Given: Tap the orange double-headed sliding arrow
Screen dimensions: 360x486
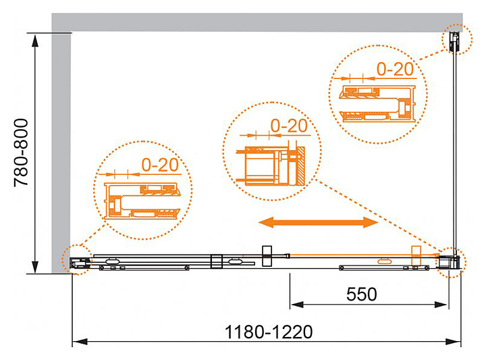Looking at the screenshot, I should coord(318,222).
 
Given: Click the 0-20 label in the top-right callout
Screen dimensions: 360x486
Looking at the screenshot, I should coord(394,69).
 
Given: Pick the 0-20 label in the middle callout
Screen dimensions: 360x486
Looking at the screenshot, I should coord(288,126).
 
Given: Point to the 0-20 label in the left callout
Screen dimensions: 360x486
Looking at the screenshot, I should coord(161,164).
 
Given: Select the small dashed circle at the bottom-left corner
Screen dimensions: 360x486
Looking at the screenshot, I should coord(76,259).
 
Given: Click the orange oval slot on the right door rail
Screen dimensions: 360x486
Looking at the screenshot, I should coord(385,259).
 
